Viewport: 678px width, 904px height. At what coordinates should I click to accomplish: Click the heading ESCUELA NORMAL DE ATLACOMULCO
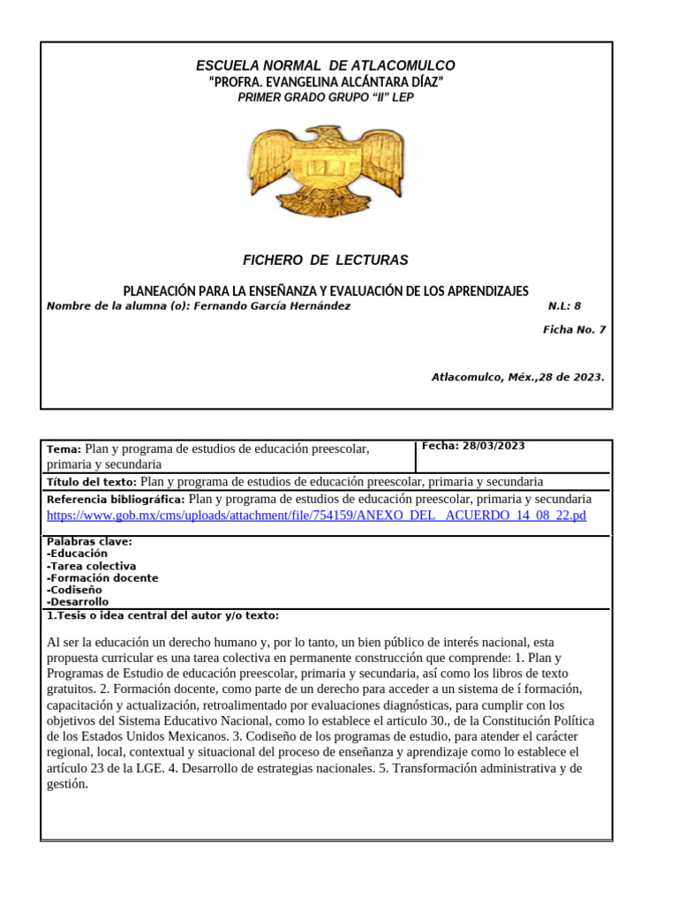326,66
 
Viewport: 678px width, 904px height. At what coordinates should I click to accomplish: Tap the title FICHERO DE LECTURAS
326,260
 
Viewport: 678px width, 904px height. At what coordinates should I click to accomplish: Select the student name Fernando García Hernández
272,306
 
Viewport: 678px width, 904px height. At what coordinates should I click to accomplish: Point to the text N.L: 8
564,306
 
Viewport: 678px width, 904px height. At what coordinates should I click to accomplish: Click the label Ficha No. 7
574,330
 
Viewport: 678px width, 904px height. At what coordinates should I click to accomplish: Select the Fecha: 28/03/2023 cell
474,447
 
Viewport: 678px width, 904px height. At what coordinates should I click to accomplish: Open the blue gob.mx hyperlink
316,516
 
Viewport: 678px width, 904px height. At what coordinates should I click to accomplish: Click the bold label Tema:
64,449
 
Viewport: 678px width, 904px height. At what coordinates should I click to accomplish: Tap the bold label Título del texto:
92,482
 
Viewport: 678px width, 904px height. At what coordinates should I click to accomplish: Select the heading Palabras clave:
89,541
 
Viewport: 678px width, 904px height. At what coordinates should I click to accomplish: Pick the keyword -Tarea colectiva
92,566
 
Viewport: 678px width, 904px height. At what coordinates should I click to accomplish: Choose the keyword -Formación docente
102,578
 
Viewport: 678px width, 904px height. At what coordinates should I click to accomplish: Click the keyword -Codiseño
74,590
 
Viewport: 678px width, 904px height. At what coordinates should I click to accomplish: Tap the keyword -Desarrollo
78,602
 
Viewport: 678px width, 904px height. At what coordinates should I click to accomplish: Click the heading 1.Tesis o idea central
162,615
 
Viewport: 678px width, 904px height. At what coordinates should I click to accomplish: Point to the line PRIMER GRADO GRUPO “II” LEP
326,98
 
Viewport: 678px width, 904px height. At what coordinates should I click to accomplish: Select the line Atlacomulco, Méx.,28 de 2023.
517,377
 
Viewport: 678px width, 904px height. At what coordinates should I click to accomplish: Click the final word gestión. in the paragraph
68,784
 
